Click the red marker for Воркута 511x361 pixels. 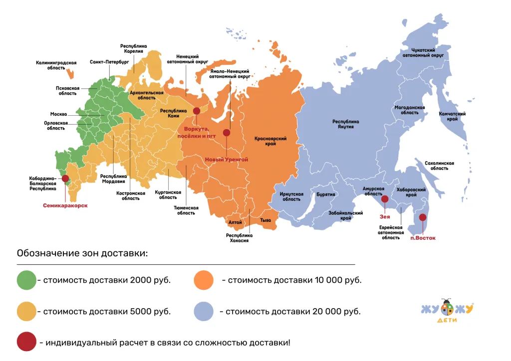pos(197,111)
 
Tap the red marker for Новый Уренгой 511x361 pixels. pos(227,133)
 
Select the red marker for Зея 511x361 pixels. pos(385,199)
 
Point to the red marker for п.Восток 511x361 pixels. pos(423,217)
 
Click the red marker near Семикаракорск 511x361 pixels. pos(65,179)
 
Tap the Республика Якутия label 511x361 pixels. pos(346,124)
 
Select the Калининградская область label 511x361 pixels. pos(56,65)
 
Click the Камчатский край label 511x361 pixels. pos(452,117)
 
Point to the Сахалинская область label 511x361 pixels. pos(439,166)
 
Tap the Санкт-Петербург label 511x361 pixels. pos(109,63)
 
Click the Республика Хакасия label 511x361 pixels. pos(239,238)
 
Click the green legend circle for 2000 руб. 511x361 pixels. pos(26,280)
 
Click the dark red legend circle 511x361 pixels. pos(26,343)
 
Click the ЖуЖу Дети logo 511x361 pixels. pos(446,313)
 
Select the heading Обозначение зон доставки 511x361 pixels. pos(82,253)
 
